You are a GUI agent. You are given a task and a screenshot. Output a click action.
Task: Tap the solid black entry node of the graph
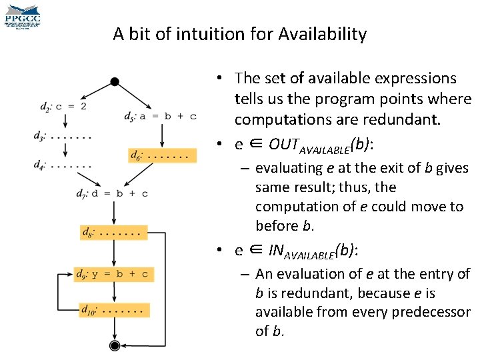[x=115, y=81]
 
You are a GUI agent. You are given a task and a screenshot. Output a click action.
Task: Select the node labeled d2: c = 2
[x=63, y=106]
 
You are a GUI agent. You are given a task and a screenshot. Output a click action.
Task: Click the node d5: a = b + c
[x=160, y=116]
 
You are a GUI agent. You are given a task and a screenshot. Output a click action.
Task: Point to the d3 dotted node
[x=63, y=136]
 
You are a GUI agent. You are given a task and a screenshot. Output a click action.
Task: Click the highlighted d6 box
[x=163, y=155]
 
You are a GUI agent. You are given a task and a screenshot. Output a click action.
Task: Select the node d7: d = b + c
[x=112, y=194]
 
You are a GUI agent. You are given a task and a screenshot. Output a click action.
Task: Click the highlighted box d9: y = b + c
[x=112, y=274]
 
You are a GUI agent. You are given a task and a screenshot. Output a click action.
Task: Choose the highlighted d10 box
[x=112, y=310]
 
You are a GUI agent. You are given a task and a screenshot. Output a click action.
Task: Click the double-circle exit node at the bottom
[x=115, y=345]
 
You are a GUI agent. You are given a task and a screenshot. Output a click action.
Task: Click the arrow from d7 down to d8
[x=115, y=213]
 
